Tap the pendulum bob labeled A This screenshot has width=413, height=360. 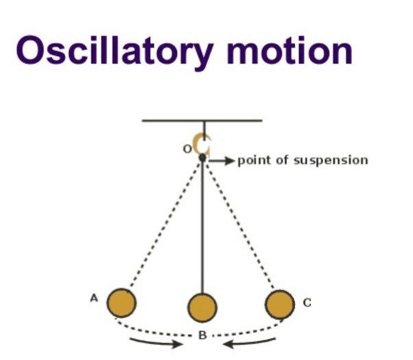(123, 302)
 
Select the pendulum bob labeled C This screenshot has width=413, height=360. (279, 303)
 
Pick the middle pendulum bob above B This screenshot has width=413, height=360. (202, 307)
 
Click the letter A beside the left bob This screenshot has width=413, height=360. (94, 298)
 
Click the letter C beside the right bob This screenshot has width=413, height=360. (306, 302)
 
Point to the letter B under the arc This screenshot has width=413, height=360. (202, 335)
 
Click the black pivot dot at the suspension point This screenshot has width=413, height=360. (202, 158)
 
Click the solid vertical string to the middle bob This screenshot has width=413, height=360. (202, 226)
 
